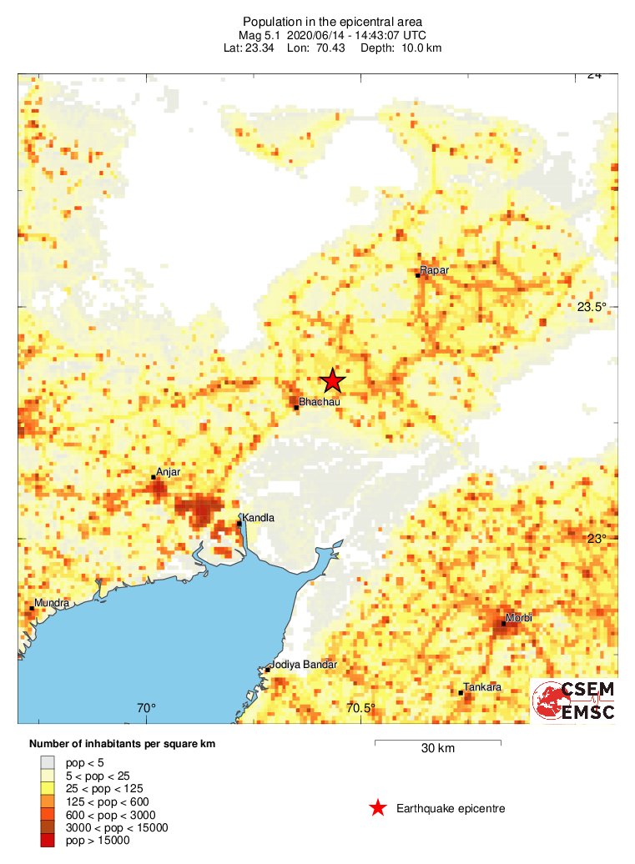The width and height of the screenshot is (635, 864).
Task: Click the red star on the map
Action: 332,380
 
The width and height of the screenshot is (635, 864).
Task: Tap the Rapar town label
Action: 434,270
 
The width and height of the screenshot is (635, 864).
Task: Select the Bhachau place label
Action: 320,402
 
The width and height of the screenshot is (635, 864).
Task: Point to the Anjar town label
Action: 168,472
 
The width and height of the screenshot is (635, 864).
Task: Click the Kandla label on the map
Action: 258,518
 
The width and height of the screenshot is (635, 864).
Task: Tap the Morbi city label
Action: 519,617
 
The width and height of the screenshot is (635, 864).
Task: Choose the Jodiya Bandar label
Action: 302,665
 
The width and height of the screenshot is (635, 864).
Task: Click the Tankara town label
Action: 483,686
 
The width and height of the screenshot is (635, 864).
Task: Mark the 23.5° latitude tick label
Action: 592,307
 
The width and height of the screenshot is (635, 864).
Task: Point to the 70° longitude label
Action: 146,709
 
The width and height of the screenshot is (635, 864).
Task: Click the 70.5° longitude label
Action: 360,709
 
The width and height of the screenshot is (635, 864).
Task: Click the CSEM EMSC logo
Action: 575,701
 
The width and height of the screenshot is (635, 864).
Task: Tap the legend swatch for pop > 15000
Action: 48,841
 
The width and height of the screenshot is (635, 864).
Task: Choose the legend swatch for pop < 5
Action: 48,761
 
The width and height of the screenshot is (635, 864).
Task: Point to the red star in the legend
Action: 378,807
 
